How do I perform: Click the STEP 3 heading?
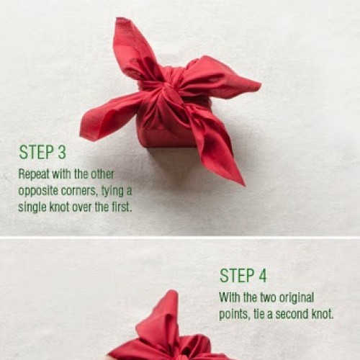42,152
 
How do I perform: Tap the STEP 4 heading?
243,276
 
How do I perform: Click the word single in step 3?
32,207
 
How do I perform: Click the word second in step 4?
292,314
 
